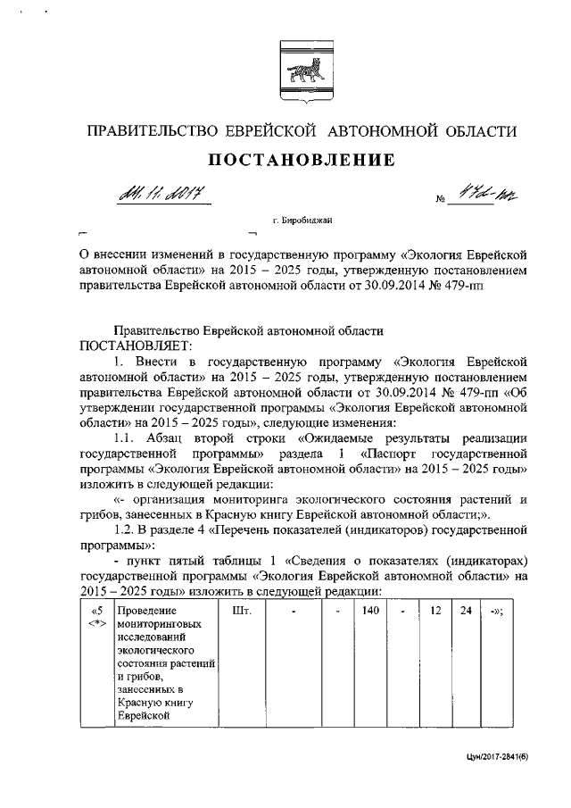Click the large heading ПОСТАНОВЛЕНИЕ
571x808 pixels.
point(302,161)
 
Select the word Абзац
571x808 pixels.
point(179,438)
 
